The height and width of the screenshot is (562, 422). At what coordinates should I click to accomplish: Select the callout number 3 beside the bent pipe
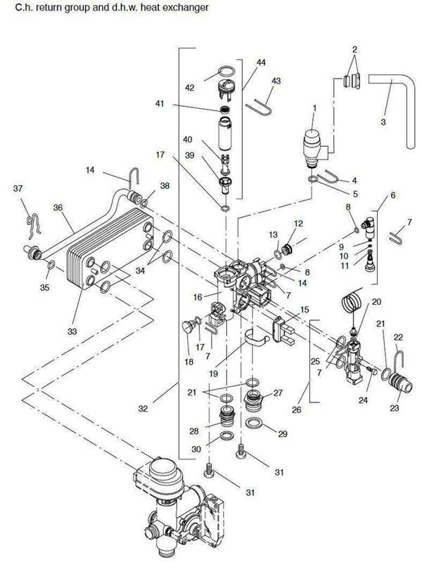click(383, 122)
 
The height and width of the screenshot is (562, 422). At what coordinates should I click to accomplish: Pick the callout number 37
click(17, 188)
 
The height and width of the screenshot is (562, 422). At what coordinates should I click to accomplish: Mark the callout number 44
click(261, 63)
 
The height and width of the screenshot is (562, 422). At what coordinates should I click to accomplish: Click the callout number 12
click(298, 223)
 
